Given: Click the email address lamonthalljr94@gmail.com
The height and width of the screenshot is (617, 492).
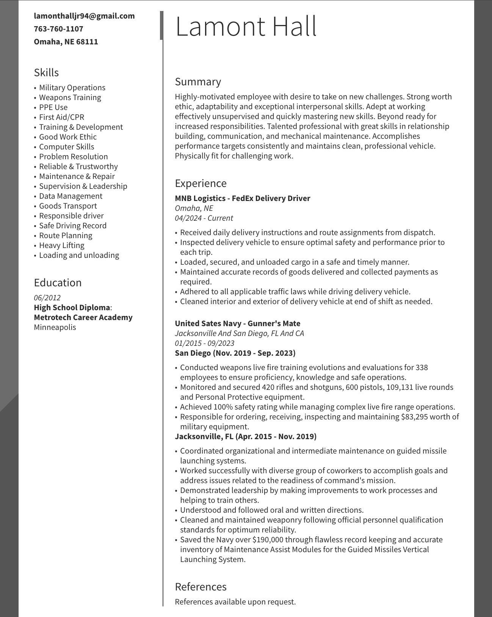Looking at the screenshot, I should [x=84, y=16].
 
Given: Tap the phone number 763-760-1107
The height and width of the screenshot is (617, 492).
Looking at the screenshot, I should [x=58, y=29].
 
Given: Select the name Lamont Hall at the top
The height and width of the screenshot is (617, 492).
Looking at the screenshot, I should [x=246, y=27].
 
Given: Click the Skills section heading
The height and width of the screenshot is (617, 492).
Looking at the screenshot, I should [x=46, y=72].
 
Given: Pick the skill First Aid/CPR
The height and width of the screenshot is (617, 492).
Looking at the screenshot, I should [x=61, y=117].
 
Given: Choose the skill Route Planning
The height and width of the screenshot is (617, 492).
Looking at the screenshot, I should [x=66, y=235].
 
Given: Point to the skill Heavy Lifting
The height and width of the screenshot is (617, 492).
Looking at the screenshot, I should [x=61, y=245].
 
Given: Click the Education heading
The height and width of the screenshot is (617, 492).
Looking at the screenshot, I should [x=58, y=283].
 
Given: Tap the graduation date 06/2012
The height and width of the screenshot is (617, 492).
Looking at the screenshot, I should [x=47, y=298].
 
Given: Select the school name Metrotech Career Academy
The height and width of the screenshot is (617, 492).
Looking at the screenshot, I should [x=83, y=317].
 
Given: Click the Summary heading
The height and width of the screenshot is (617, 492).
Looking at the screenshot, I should [x=198, y=82].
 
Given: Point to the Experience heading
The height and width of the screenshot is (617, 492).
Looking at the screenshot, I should [x=201, y=183].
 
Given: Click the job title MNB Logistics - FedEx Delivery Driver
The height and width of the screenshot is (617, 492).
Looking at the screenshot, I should [x=242, y=198].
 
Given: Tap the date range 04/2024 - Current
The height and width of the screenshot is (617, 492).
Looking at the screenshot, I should [x=204, y=218].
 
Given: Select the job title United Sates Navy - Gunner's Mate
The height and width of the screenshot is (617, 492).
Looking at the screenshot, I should [x=237, y=323].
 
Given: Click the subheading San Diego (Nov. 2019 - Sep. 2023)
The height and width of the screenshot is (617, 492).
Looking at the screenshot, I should [x=235, y=353].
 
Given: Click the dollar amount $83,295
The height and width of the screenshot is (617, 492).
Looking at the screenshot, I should [x=417, y=417].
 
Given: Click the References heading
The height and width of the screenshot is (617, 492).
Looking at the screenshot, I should [x=201, y=587].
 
